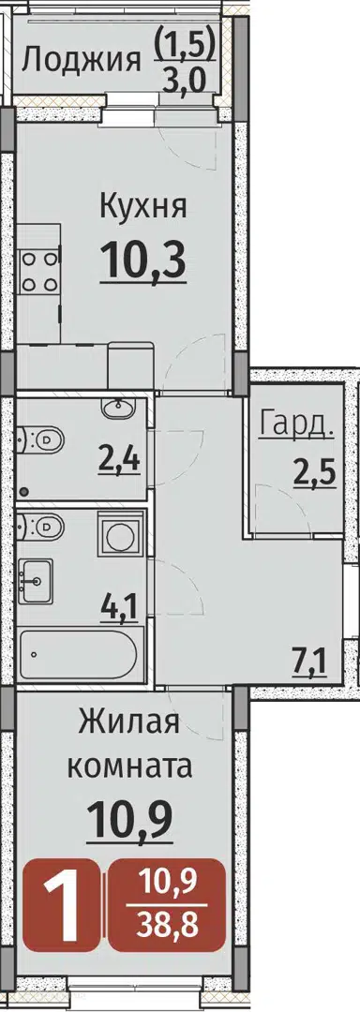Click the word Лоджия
[82, 61]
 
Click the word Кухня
[143, 208]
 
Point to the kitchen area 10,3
[143, 260]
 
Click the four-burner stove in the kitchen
[38, 272]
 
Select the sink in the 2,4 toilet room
[117, 409]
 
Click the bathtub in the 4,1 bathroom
[78, 654]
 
